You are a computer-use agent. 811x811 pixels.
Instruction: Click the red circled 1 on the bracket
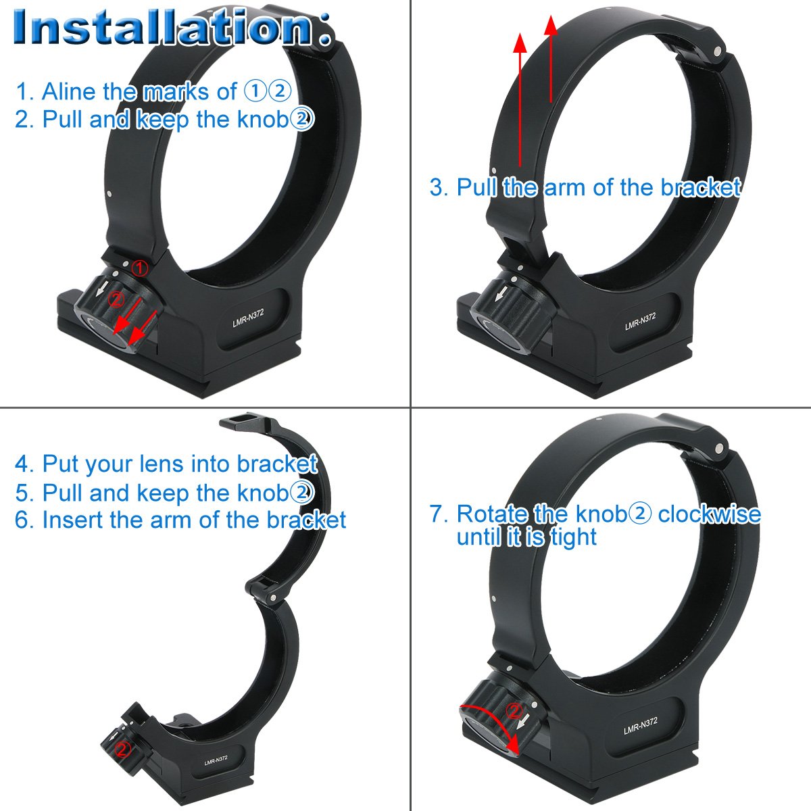click(x=139, y=268)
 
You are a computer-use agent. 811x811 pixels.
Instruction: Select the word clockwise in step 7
click(x=709, y=514)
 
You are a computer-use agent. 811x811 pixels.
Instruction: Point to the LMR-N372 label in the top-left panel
click(x=249, y=318)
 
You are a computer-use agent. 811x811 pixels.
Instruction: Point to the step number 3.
click(x=437, y=187)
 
